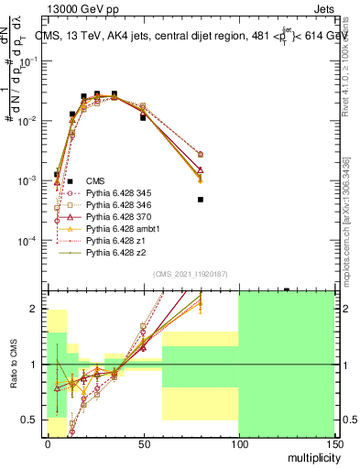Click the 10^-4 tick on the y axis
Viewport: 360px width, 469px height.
pos(30,241)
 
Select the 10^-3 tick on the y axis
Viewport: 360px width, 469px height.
pos(30,181)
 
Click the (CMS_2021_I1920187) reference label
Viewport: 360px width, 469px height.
pos(190,274)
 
